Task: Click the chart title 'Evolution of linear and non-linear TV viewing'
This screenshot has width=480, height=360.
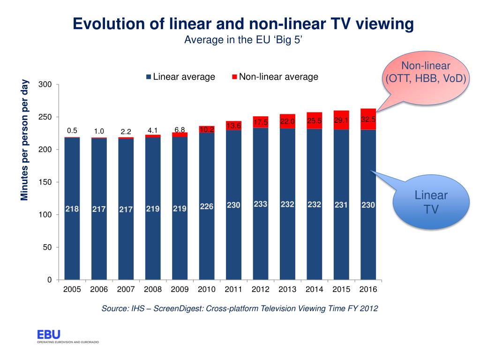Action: click(243, 24)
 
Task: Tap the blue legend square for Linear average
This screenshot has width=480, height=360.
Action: click(149, 77)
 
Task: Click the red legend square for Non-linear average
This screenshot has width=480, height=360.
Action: click(234, 77)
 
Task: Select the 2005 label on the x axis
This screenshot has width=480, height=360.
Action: click(72, 289)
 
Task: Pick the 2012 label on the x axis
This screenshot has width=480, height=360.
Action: click(261, 289)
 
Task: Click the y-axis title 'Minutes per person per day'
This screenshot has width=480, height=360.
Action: click(25, 140)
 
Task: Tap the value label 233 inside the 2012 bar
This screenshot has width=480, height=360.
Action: click(261, 204)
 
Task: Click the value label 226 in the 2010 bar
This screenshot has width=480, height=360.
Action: click(207, 206)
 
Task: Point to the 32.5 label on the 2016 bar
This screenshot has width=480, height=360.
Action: click(368, 120)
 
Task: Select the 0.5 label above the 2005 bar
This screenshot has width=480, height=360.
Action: click(72, 131)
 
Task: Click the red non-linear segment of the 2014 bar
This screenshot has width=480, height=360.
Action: click(315, 120)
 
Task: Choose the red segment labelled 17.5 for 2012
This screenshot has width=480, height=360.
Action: click(261, 122)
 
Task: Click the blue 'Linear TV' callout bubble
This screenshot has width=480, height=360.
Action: click(431, 202)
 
